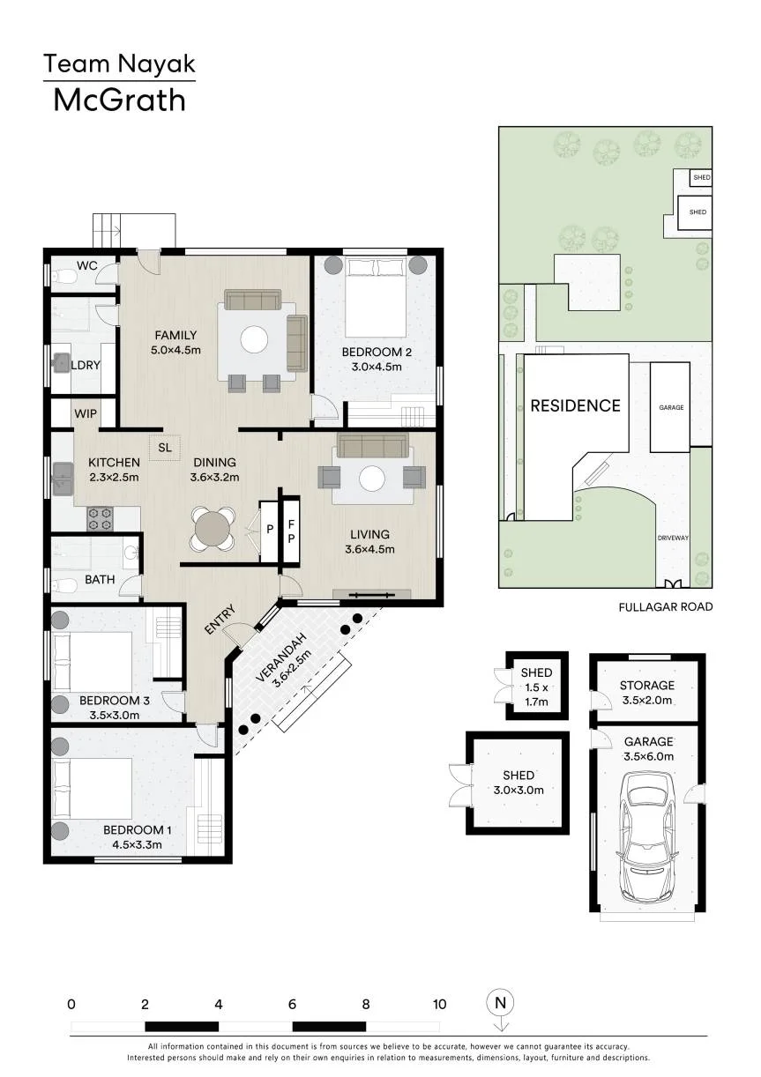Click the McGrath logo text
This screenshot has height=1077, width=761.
119,100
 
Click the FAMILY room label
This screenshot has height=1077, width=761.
175,335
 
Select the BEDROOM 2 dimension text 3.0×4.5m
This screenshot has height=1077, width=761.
377,367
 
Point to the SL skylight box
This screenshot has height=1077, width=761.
165,448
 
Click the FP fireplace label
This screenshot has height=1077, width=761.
291,531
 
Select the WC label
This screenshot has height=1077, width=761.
86,265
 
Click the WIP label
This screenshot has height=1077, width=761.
86,413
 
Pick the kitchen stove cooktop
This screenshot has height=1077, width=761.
100,518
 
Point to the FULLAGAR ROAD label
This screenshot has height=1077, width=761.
665,607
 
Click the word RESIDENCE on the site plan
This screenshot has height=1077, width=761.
575,405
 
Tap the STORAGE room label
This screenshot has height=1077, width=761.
647,685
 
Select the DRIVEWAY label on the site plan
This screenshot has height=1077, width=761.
673,538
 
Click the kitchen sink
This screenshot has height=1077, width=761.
63,479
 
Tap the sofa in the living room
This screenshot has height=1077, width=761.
373,446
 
